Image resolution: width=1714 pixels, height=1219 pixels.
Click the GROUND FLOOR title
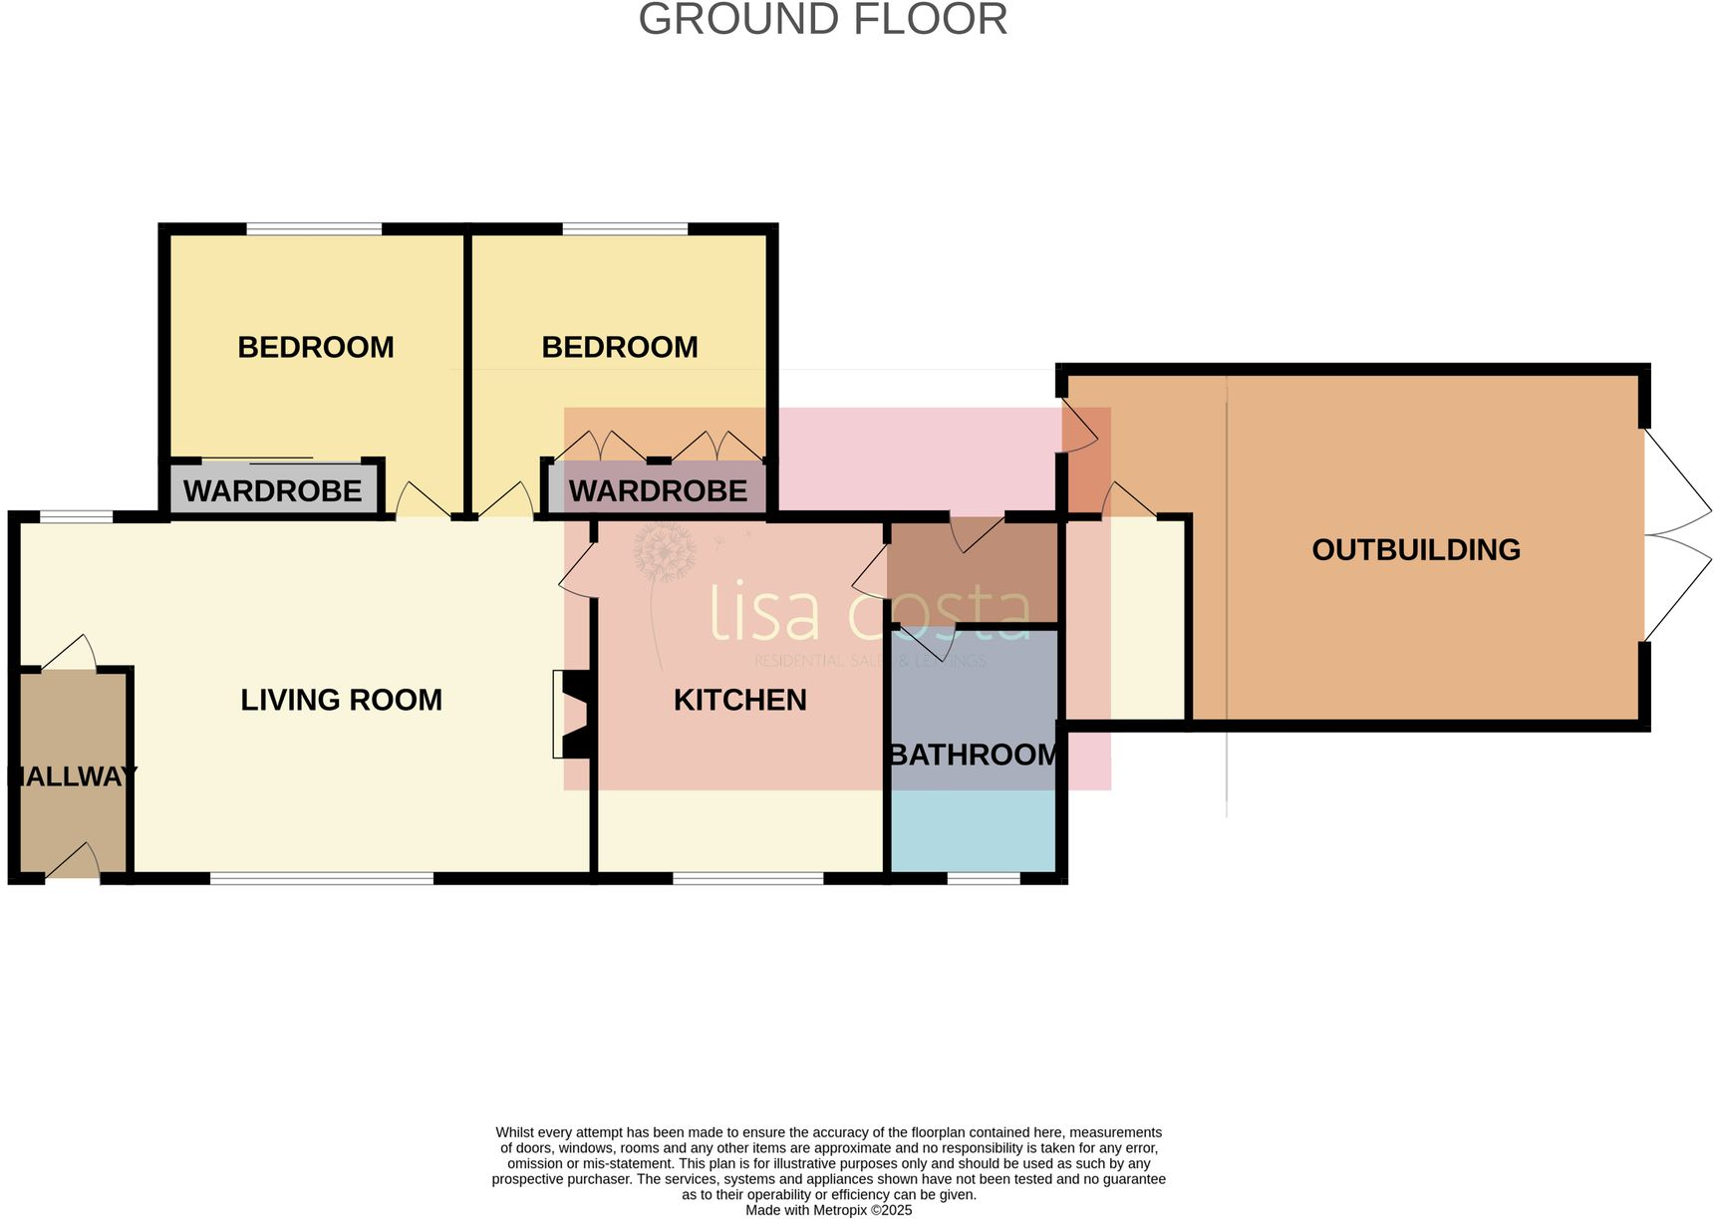[x=822, y=20]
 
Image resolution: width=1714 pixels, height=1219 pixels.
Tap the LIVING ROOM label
[x=341, y=700]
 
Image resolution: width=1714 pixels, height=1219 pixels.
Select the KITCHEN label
[x=739, y=700]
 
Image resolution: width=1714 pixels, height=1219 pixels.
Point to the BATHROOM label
[x=974, y=755]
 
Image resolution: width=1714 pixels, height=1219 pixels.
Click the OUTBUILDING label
[x=1415, y=549]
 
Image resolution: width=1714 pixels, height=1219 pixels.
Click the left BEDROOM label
[x=315, y=347]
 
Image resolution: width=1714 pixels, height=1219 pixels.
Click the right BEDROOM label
[x=619, y=347]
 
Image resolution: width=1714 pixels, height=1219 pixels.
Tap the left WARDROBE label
[x=272, y=490]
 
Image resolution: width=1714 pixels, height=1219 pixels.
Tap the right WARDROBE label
[x=658, y=490]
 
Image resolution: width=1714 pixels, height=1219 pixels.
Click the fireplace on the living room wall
[x=573, y=714]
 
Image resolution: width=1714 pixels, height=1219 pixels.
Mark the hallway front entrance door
[x=73, y=864]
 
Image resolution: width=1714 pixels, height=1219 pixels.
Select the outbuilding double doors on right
[x=1674, y=535]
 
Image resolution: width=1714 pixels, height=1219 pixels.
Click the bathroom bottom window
[x=983, y=879]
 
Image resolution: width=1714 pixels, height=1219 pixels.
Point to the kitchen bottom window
[x=747, y=879]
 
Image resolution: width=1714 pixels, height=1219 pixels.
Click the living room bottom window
[x=322, y=879]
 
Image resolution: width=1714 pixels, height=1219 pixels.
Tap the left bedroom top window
[x=314, y=229]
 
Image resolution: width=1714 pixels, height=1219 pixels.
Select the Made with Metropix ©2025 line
[x=828, y=1210]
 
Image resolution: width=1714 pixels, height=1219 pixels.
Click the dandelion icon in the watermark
[x=664, y=554]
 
